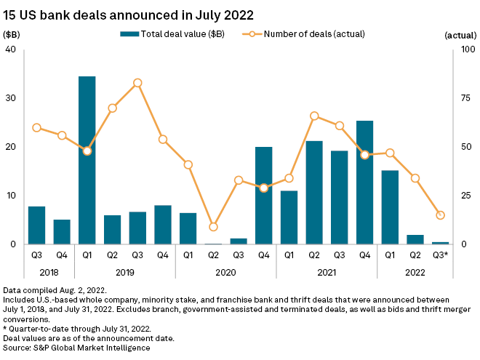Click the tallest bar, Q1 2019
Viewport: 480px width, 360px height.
(x=87, y=160)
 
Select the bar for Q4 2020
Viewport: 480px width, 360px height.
(x=263, y=195)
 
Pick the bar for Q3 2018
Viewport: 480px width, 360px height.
(x=36, y=225)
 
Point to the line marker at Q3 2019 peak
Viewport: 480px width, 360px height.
(x=137, y=83)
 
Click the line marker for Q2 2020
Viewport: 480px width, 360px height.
(x=213, y=227)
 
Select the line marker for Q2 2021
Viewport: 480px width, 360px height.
(x=314, y=116)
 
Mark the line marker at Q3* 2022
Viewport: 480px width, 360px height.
(x=440, y=215)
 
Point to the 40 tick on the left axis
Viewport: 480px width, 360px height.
(x=11, y=49)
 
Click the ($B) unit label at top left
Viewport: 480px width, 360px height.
(x=12, y=34)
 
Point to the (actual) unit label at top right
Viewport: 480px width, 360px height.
(x=459, y=34)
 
